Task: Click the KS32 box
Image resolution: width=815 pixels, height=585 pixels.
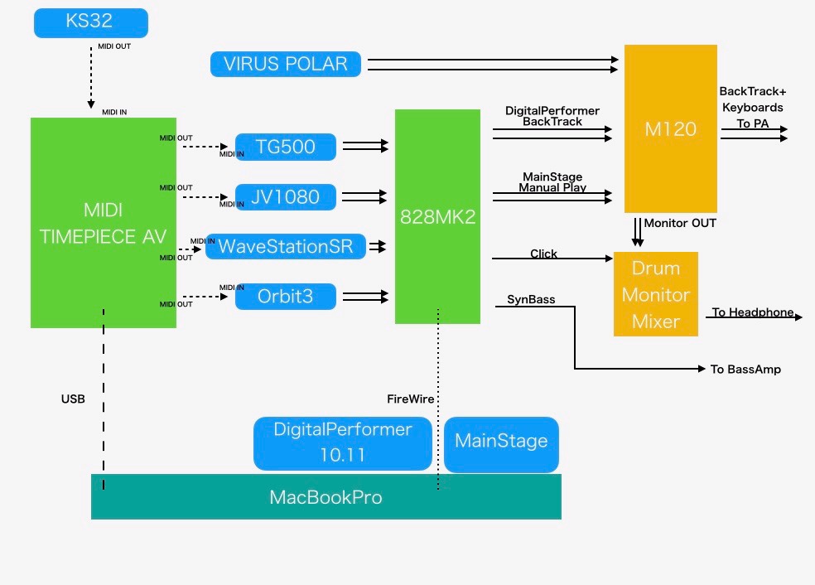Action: tap(91, 22)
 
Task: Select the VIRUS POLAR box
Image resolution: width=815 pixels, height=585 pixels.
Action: tap(286, 64)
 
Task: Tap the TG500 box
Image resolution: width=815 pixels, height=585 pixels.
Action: tap(286, 147)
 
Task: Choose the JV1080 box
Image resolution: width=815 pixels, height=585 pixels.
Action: tap(286, 197)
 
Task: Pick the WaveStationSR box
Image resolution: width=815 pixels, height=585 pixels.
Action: tap(286, 246)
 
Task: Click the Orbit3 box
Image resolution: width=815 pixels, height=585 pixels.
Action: tap(286, 296)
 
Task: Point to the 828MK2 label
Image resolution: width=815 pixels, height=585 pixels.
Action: tap(437, 217)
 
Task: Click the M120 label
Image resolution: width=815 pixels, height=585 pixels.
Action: tap(670, 129)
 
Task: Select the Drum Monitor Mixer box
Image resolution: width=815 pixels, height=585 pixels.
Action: tap(656, 294)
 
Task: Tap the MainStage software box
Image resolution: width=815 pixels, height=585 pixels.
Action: tap(501, 441)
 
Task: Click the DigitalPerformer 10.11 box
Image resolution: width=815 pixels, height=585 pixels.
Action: tap(343, 442)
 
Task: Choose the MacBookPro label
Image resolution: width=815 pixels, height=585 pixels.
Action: tap(326, 497)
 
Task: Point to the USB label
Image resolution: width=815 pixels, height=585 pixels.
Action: tap(73, 399)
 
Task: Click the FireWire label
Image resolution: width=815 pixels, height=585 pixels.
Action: tap(411, 399)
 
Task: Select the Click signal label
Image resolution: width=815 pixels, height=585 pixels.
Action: tap(543, 254)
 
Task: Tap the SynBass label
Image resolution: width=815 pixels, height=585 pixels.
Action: tap(531, 299)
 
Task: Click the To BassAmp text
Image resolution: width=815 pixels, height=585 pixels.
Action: tap(745, 369)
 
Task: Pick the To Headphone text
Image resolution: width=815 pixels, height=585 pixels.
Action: tap(753, 312)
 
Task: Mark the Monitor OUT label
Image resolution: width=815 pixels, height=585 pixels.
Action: tap(680, 223)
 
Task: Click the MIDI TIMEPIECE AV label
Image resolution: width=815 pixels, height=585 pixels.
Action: tap(104, 222)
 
